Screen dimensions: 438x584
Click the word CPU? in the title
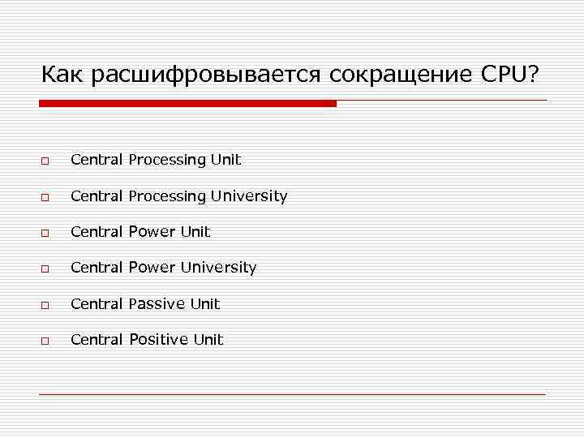[x=509, y=75]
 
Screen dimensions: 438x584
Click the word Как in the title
[x=63, y=75]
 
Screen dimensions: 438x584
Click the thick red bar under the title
[x=187, y=104]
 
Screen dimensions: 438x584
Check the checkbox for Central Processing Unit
[x=45, y=161]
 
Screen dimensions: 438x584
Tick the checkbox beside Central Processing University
[x=45, y=197]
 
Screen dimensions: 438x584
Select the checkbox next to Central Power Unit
[x=45, y=233]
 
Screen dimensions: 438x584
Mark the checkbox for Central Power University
[x=45, y=268]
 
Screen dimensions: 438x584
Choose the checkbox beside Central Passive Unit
[x=45, y=305]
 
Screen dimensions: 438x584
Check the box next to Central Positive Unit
[x=45, y=341]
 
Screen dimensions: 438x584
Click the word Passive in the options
[x=157, y=303]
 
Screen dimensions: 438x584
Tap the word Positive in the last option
[x=159, y=339]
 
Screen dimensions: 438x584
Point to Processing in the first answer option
[x=168, y=160]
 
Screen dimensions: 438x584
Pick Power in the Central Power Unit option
[x=152, y=231]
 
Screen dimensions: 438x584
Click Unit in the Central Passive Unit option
[x=205, y=303]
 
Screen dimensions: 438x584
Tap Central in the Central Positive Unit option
[x=97, y=339]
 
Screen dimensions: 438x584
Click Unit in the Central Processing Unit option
[x=226, y=160]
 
